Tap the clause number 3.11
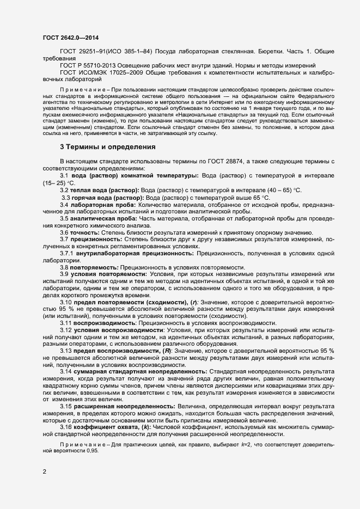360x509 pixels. point(66,324)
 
